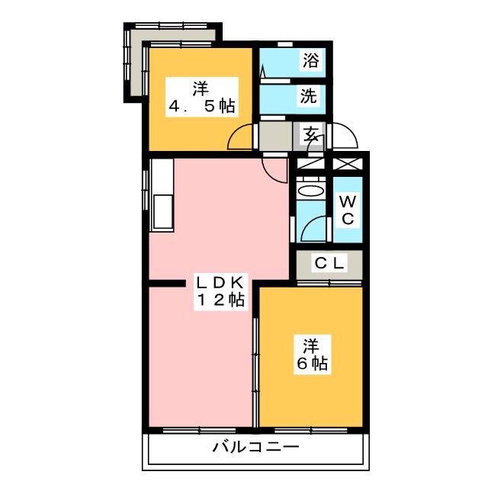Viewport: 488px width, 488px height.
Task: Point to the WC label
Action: [x=346, y=210]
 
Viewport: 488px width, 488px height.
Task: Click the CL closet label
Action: [x=330, y=264]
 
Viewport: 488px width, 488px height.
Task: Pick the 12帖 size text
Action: [x=220, y=301]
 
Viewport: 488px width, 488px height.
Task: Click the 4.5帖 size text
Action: [x=201, y=106]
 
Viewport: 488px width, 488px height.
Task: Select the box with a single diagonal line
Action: [x=310, y=163]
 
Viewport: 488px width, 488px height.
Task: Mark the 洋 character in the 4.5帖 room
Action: [x=201, y=88]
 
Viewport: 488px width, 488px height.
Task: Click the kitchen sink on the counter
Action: [x=162, y=210]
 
